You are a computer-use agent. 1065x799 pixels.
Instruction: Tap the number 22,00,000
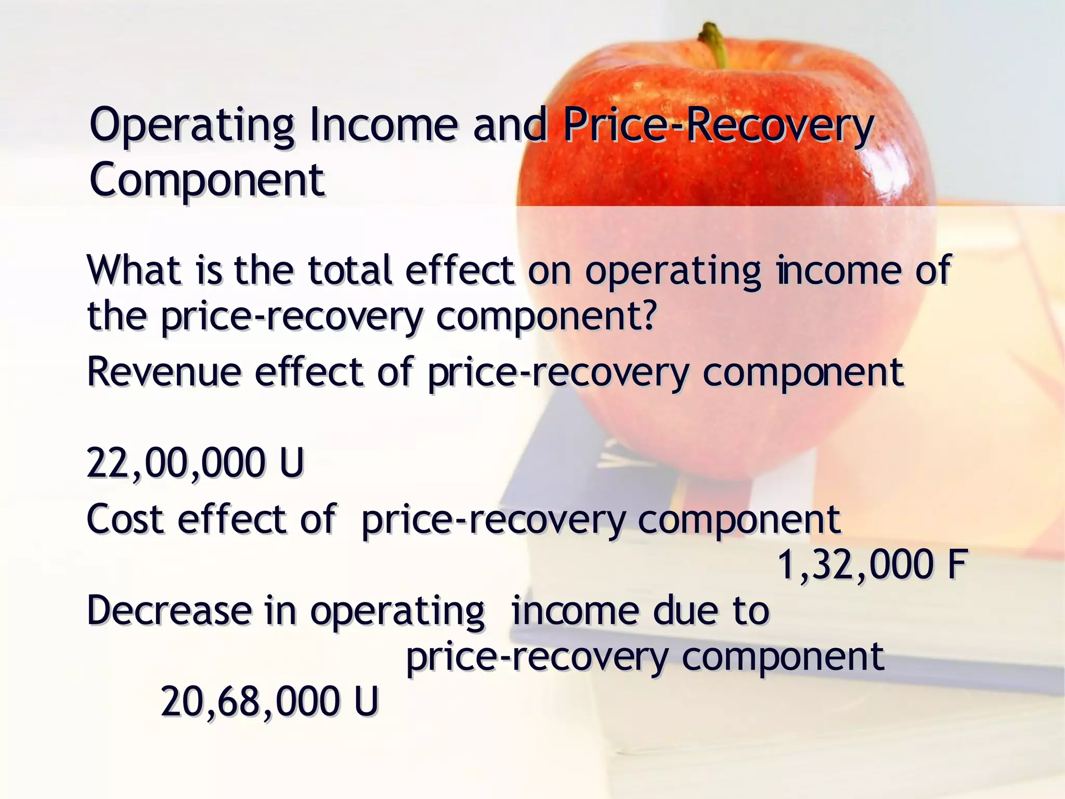click(175, 463)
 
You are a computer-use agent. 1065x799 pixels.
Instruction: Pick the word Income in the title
click(383, 125)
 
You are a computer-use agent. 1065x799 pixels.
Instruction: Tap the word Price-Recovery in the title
click(718, 125)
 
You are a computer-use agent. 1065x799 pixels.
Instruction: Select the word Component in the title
click(207, 179)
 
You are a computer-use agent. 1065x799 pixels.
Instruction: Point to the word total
click(349, 270)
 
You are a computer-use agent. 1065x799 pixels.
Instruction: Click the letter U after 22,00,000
click(291, 463)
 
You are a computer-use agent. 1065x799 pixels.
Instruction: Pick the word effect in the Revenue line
click(308, 372)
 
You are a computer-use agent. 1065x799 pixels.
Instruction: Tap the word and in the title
click(510, 125)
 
